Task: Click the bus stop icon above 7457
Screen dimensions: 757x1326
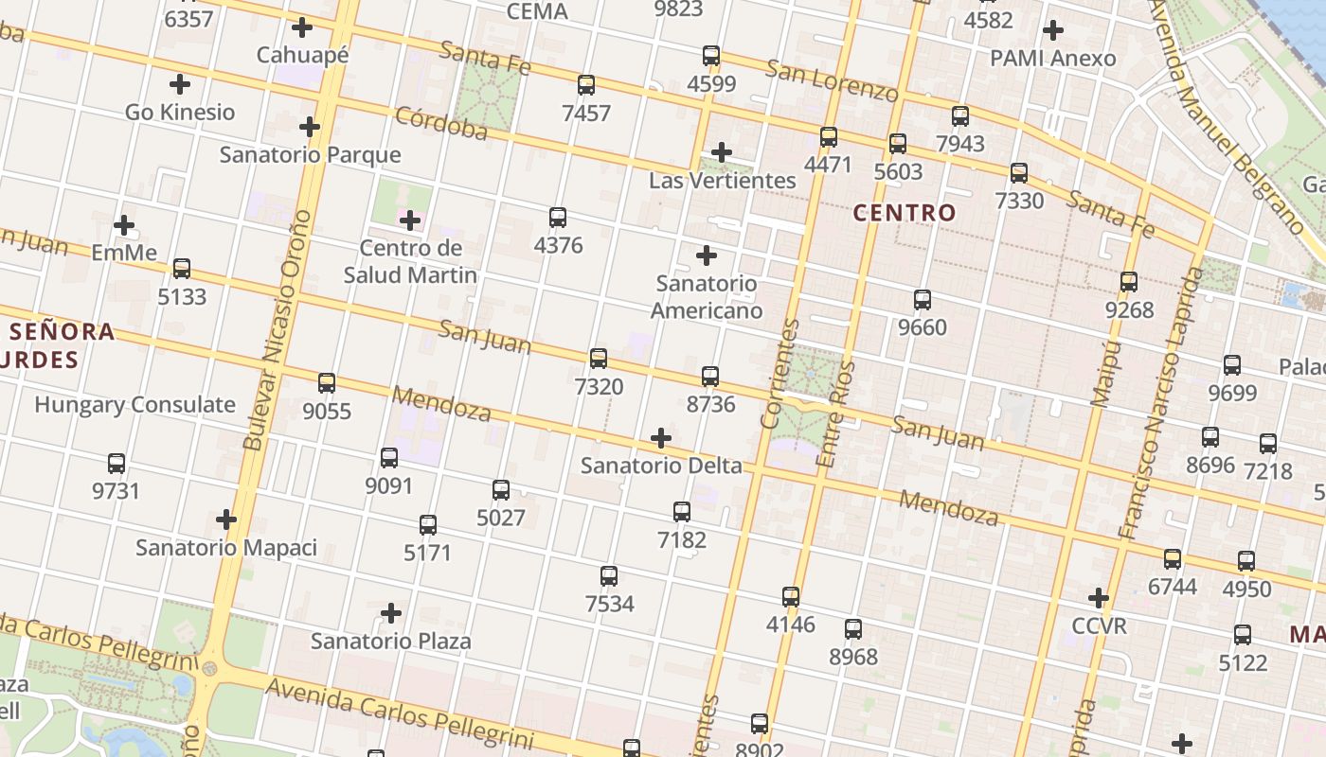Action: (x=586, y=85)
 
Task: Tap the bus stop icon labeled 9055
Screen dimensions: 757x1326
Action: (x=327, y=383)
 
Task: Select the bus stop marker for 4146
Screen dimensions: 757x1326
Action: (x=791, y=597)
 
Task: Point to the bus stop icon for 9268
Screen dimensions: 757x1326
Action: (x=1129, y=282)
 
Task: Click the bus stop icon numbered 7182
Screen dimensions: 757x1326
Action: (x=682, y=512)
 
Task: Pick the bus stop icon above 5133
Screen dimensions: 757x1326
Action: (x=182, y=269)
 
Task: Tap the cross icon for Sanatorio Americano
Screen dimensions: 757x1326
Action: (x=707, y=255)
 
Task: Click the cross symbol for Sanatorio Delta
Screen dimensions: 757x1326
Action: (x=661, y=438)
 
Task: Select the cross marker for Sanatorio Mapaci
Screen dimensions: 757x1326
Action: (x=226, y=519)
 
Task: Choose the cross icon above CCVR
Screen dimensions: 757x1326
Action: (x=1099, y=598)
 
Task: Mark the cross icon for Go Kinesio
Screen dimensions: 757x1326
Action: (x=180, y=84)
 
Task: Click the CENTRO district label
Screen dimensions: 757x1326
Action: (x=905, y=213)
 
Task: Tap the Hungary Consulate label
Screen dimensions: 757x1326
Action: (x=135, y=405)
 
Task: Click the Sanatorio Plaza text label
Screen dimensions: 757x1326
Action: (x=391, y=642)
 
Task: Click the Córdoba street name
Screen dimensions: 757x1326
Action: (x=441, y=124)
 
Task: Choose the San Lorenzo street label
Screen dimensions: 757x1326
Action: (x=832, y=81)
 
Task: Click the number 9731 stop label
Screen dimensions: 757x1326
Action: (x=116, y=491)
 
